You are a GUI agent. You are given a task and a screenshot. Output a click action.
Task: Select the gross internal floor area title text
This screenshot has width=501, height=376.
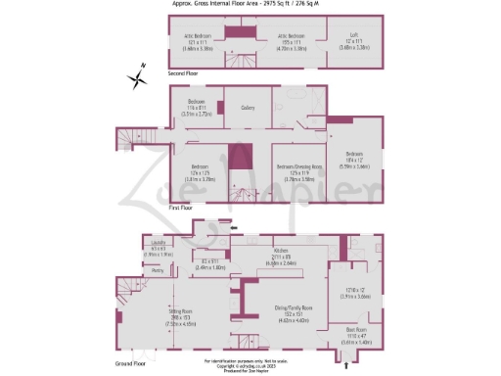click(250, 4)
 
